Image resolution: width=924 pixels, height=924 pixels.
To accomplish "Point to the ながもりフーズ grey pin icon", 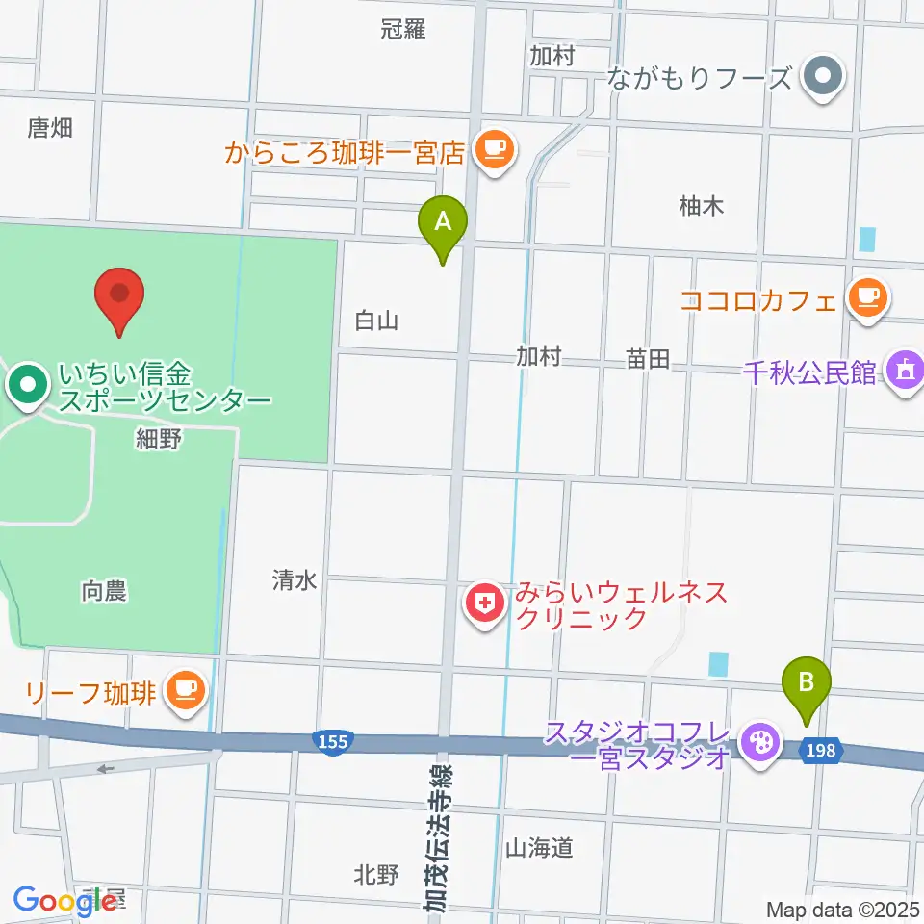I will [x=822, y=76].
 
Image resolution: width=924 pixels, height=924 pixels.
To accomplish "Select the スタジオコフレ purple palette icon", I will [x=761, y=743].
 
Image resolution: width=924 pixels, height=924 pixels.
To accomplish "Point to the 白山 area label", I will [x=376, y=321].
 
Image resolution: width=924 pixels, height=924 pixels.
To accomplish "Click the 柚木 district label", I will [x=701, y=205].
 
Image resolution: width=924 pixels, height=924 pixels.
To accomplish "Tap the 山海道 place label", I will [x=539, y=847].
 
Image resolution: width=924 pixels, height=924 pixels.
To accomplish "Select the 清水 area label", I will [x=294, y=579].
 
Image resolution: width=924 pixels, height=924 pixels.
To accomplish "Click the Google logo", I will [x=64, y=900].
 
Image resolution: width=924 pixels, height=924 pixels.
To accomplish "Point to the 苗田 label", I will [x=647, y=359].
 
